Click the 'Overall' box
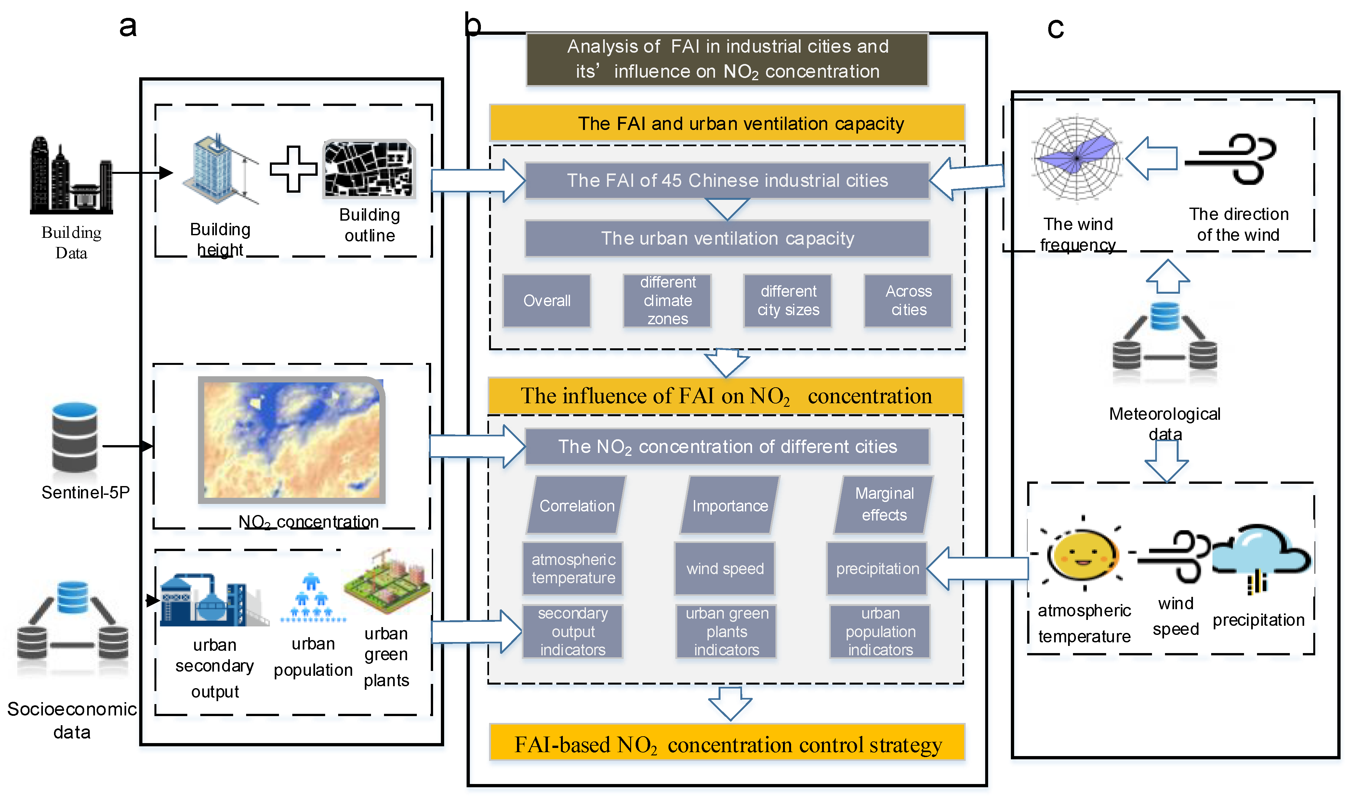point(547,301)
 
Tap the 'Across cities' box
point(908,301)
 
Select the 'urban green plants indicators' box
point(727,632)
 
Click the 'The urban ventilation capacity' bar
point(727,238)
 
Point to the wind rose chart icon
point(1077,159)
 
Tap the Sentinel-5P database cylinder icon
point(75,438)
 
